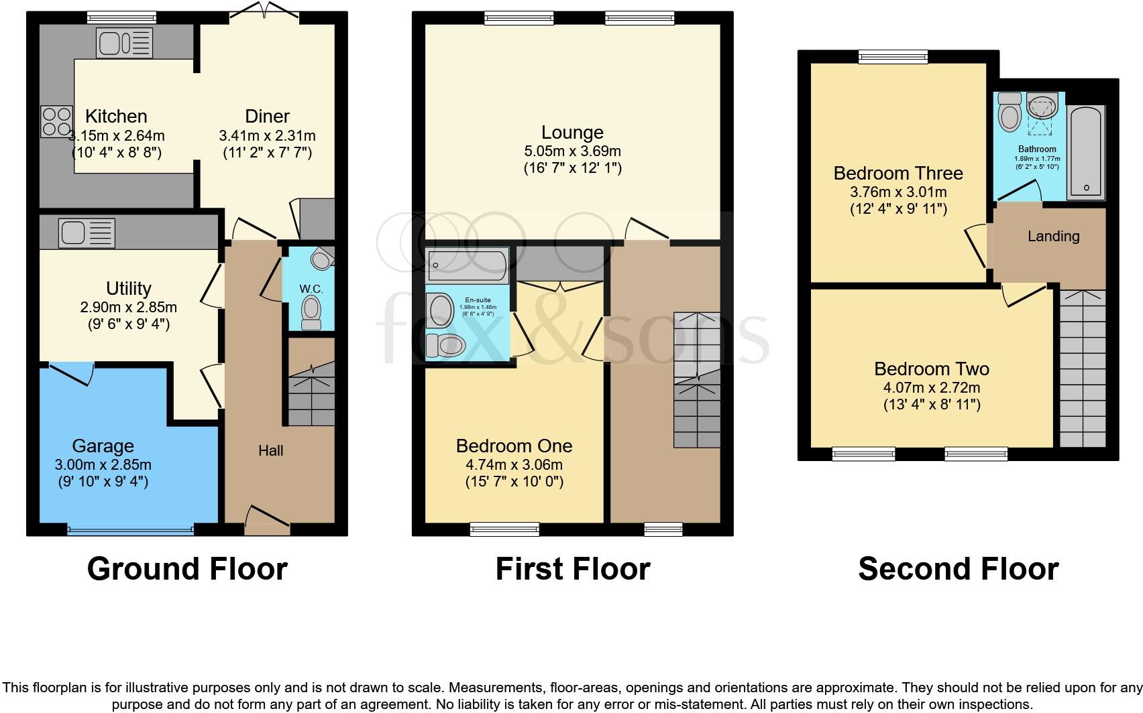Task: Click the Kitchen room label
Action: point(116,116)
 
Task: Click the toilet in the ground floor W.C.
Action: point(311,312)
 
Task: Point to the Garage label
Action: point(103,446)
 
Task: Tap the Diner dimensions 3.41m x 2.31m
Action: point(267,135)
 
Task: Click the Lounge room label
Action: point(572,132)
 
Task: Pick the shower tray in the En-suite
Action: point(468,266)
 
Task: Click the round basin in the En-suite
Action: point(440,313)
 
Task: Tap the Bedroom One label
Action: point(514,446)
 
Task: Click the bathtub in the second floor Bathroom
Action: point(1085,152)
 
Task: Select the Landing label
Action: point(1053,236)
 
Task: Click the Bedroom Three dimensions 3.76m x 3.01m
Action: point(898,192)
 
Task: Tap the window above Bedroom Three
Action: point(893,57)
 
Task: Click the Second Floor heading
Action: point(958,569)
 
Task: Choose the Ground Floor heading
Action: point(187,569)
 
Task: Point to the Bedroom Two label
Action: point(931,369)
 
